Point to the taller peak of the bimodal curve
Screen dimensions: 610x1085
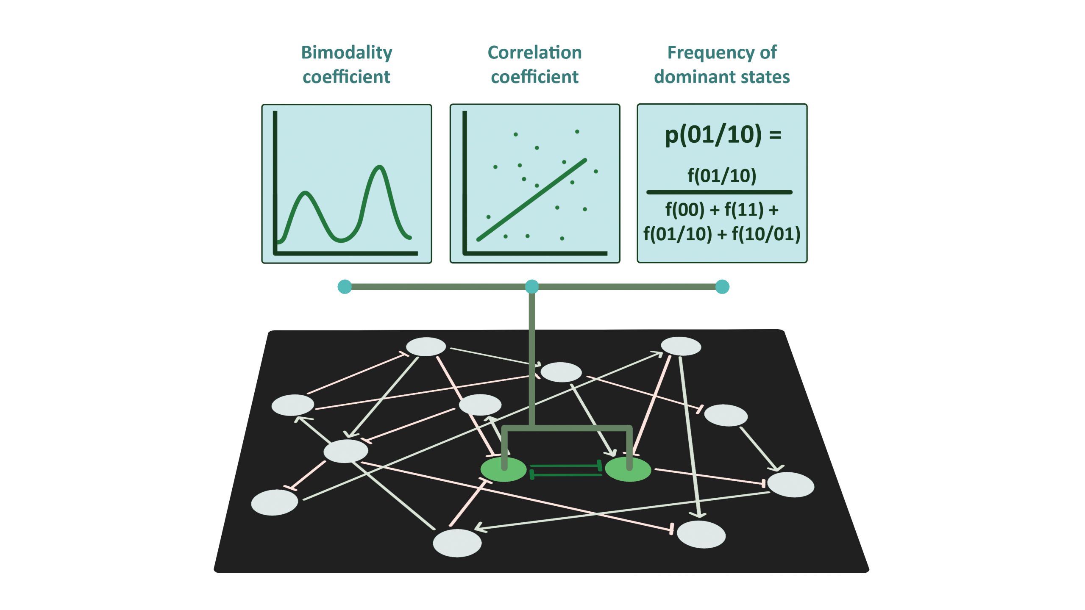coord(380,167)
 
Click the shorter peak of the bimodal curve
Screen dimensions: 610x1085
coord(305,193)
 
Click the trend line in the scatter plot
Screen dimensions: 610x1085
coord(532,200)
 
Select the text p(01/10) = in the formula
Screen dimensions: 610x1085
coord(722,135)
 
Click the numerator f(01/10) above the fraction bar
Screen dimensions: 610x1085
coord(722,175)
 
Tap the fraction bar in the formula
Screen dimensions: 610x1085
coord(719,192)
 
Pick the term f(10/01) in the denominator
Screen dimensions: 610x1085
coord(766,234)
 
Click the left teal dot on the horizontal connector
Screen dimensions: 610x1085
coord(345,287)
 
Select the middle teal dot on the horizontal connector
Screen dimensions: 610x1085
coord(532,287)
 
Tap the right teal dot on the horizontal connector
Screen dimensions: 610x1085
coord(722,287)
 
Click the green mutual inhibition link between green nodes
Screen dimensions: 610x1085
coord(566,470)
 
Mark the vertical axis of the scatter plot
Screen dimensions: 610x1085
coord(465,182)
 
